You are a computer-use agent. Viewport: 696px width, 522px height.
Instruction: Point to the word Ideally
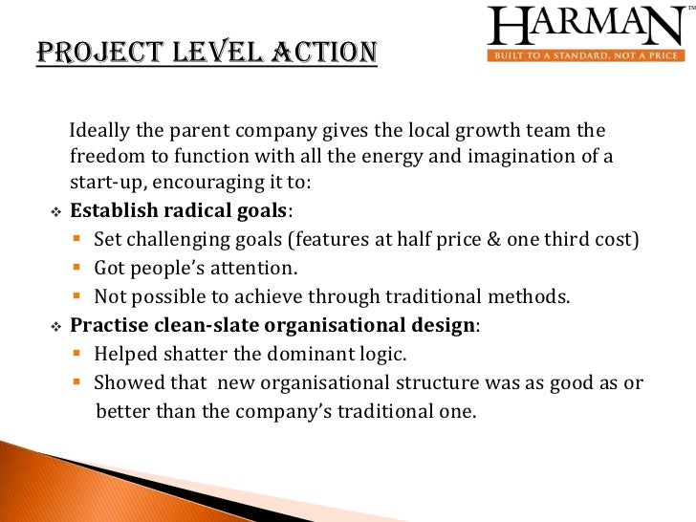point(100,131)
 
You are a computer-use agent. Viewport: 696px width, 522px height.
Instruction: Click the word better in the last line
point(122,412)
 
